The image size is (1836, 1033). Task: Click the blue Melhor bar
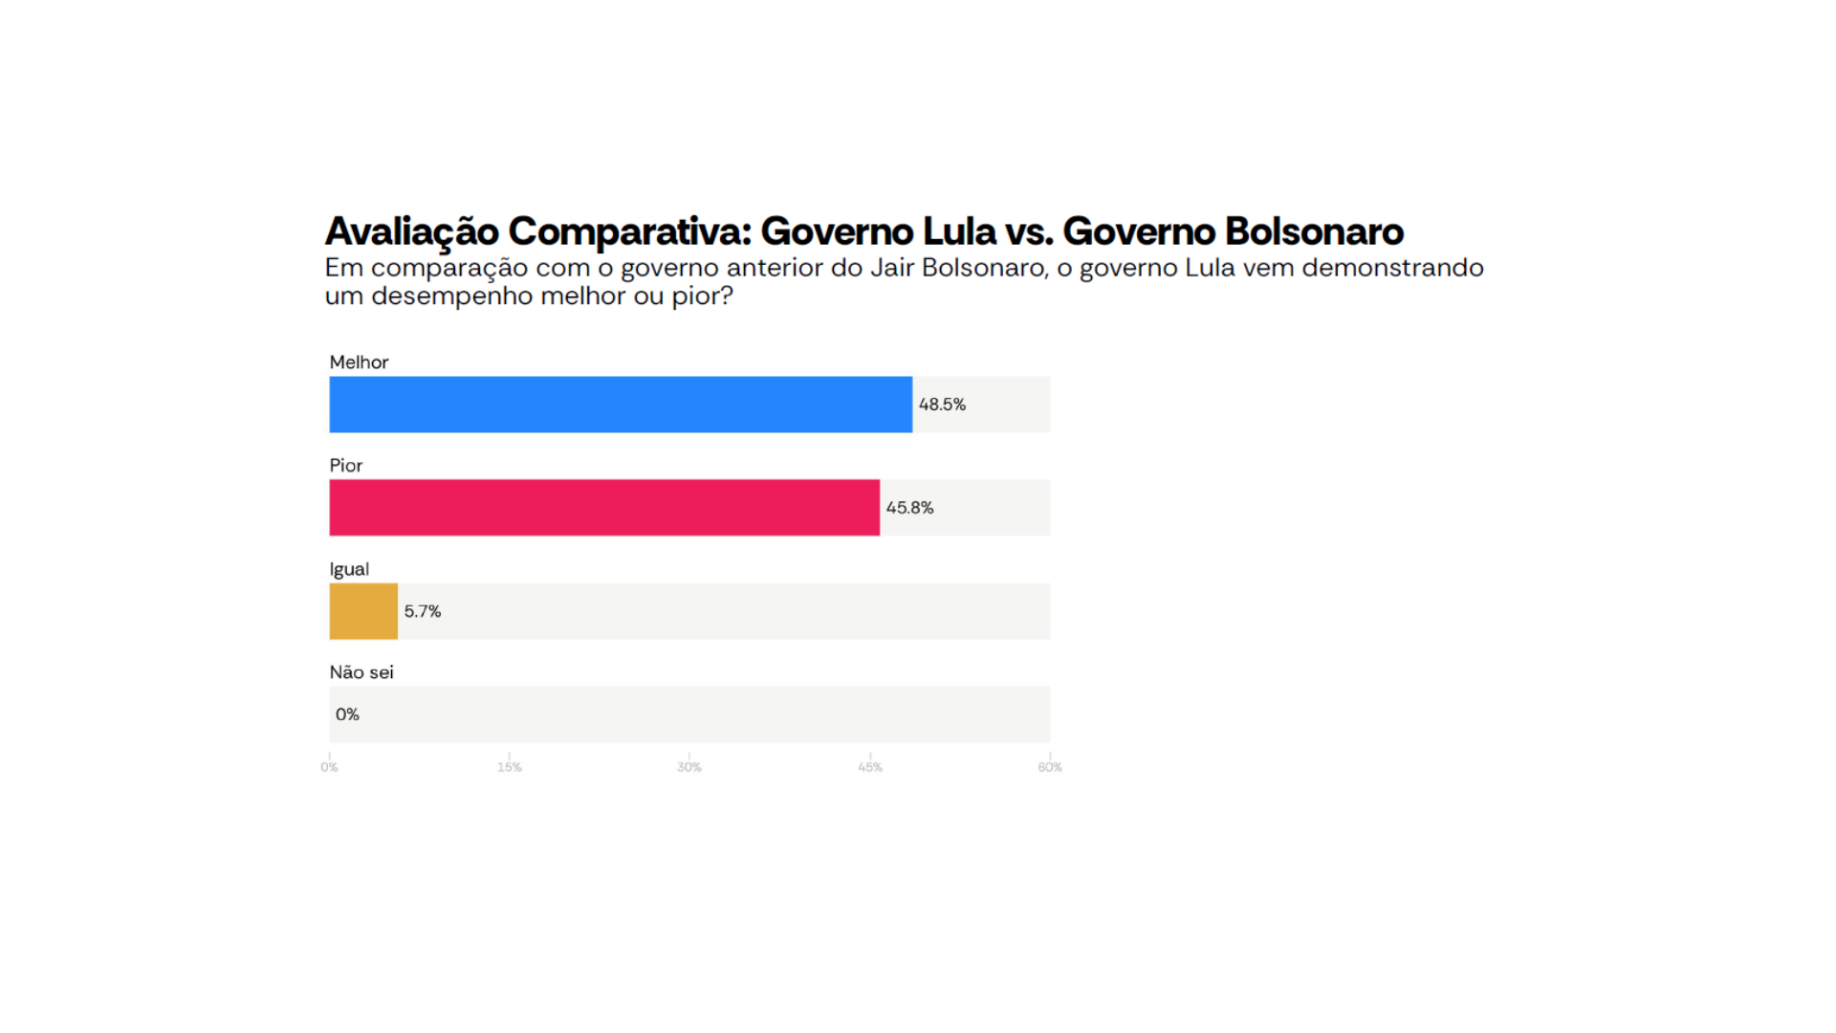point(621,405)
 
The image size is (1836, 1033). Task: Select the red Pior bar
point(604,508)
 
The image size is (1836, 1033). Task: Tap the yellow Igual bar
point(363,611)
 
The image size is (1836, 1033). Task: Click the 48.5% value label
point(942,405)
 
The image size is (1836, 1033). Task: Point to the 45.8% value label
point(909,508)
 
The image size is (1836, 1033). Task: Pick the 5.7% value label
point(423,611)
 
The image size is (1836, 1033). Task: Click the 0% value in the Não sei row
point(347,714)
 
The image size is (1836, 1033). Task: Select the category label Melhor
point(359,363)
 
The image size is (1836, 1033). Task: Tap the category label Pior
point(346,466)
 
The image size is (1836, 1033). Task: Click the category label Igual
point(349,569)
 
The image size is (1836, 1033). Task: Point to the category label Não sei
point(361,672)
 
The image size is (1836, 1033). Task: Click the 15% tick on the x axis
point(510,767)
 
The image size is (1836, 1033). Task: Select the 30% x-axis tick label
point(689,767)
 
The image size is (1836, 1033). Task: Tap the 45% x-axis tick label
point(870,767)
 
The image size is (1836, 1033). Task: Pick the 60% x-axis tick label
point(1050,767)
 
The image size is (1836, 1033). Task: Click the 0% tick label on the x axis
point(329,767)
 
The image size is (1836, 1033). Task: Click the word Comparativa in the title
point(629,231)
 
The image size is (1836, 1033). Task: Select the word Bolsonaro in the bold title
point(1314,231)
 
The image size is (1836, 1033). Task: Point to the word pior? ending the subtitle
point(702,297)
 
